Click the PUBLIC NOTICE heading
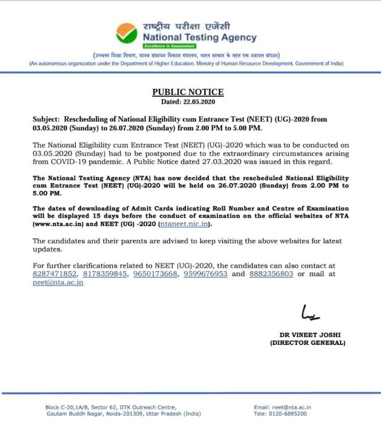pos(188,92)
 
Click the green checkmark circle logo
pos(127,33)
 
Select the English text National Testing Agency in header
pos(199,38)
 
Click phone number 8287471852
pos(55,274)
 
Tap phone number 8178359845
pos(105,274)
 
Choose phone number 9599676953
pos(205,274)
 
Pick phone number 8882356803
pos(271,274)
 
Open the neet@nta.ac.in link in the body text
pos(58,282)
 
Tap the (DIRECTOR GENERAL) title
pos(308,343)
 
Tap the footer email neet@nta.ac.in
pos(292,407)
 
